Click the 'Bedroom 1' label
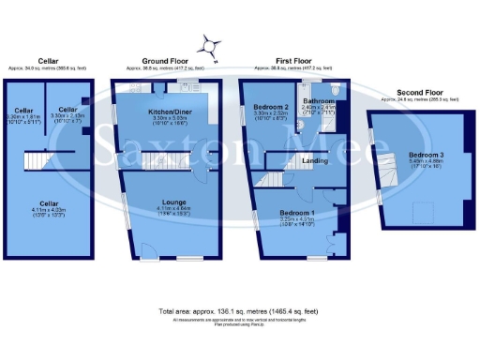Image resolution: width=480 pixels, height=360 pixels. (296, 213)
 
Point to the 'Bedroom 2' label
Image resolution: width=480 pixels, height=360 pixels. (272, 108)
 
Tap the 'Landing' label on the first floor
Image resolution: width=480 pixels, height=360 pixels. (314, 161)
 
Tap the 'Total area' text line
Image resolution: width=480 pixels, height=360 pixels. (240, 309)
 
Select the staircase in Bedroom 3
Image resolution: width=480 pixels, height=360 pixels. (386, 169)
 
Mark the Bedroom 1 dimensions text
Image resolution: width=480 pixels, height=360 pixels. (296, 222)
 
